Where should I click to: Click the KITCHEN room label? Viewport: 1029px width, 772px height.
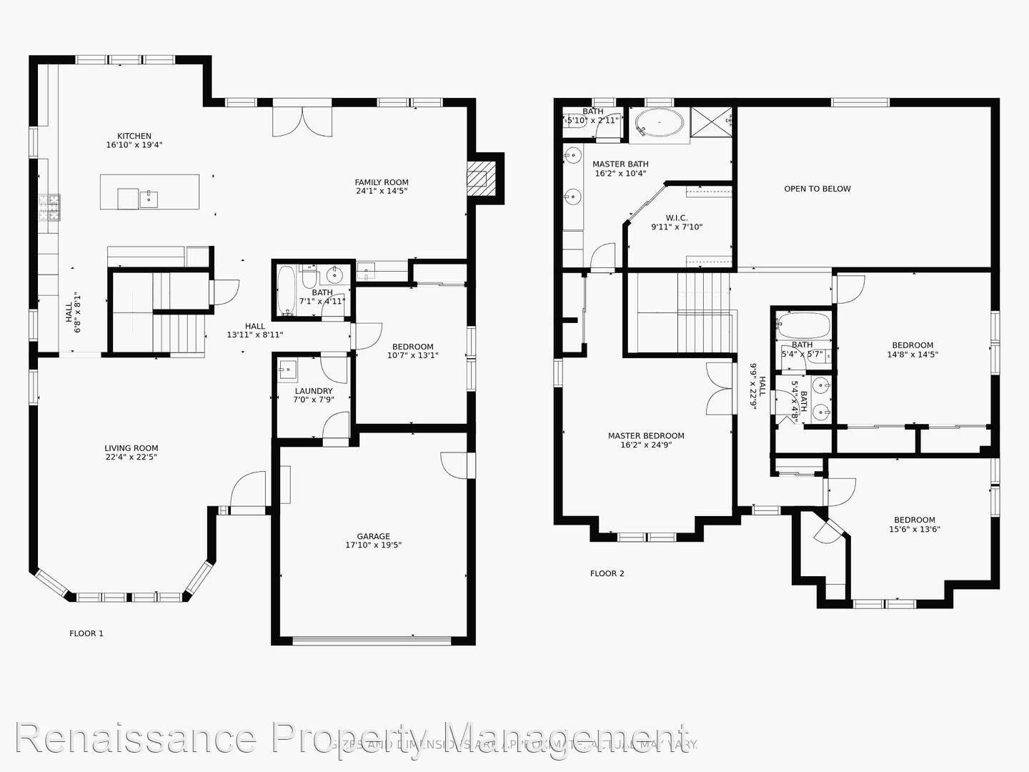pos(134,136)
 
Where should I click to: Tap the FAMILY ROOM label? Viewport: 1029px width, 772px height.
pos(382,182)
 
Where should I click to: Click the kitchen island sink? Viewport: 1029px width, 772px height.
pos(149,198)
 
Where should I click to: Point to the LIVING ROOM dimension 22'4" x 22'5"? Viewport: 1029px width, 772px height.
pos(131,457)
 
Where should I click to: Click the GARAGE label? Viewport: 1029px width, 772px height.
pos(373,536)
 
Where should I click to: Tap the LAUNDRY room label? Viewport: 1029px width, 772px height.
pos(314,391)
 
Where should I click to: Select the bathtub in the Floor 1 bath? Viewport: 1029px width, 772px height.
pos(287,292)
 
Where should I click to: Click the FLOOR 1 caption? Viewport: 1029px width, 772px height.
pos(86,633)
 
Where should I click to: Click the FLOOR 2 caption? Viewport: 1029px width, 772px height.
pos(607,573)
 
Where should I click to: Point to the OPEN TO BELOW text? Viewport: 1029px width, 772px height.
pos(817,189)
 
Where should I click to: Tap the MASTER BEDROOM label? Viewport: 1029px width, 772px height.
pos(646,435)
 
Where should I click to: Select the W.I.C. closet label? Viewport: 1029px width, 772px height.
pos(676,217)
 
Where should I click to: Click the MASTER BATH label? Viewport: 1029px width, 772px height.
pos(620,164)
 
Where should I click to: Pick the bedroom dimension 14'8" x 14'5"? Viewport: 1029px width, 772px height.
pos(913,354)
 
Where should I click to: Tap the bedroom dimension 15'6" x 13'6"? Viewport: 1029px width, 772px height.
pos(915,530)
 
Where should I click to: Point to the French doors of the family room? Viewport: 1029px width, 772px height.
pos(303,119)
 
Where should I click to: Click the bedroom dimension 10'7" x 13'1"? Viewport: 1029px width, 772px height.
pos(413,355)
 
